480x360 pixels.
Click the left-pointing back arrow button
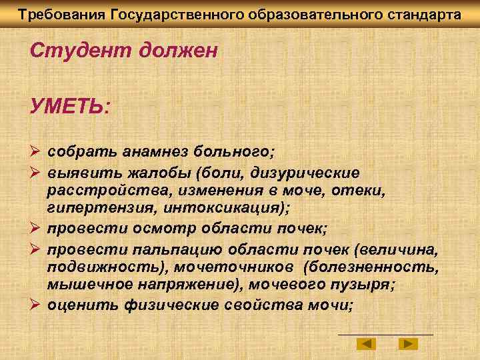[x=366, y=344]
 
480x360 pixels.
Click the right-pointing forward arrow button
[x=407, y=344]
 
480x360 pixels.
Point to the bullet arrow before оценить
[x=37, y=305]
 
